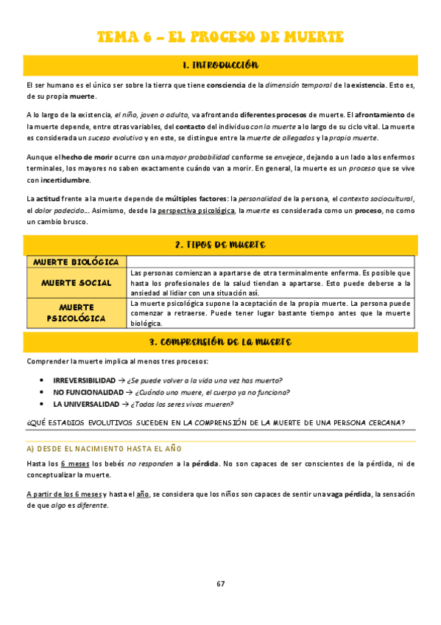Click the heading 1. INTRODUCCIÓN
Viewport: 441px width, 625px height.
[x=220, y=66]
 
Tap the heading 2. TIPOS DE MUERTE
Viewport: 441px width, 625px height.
[x=220, y=245]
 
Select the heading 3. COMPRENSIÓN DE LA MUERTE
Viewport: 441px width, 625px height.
[x=220, y=342]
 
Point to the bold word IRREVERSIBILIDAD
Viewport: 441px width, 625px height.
[x=84, y=380]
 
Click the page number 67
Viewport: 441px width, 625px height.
[x=220, y=584]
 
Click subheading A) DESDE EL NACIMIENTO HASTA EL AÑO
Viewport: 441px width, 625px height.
[x=104, y=448]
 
